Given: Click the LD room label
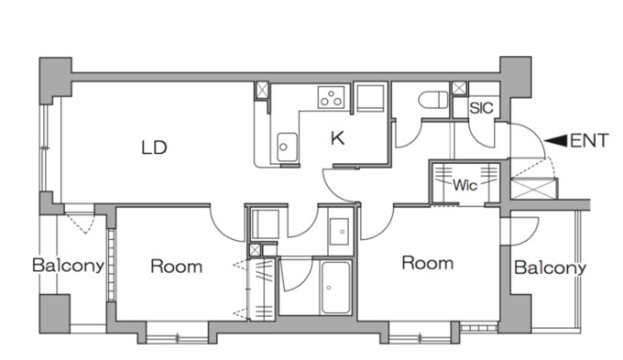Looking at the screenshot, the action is [154, 147].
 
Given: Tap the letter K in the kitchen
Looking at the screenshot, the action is [337, 138].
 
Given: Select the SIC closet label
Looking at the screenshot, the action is [481, 108].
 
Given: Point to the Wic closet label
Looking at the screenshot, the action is [465, 185].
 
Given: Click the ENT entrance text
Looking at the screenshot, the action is [589, 141].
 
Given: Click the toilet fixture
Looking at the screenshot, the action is [433, 99].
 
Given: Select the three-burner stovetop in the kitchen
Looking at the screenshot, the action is [331, 97].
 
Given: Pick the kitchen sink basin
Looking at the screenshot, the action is [287, 147].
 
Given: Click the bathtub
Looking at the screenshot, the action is [335, 287].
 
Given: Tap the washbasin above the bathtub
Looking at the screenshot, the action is [339, 232].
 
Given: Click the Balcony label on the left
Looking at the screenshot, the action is [68, 265].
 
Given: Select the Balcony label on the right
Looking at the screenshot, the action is [550, 267].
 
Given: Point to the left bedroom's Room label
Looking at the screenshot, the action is [177, 267].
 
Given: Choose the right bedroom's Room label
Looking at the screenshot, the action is [428, 263].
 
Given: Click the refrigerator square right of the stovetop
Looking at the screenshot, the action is [370, 98].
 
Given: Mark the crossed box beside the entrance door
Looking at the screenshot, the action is [532, 189].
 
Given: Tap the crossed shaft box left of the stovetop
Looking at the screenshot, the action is [262, 90].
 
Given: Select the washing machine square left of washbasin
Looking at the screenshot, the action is [266, 224].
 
